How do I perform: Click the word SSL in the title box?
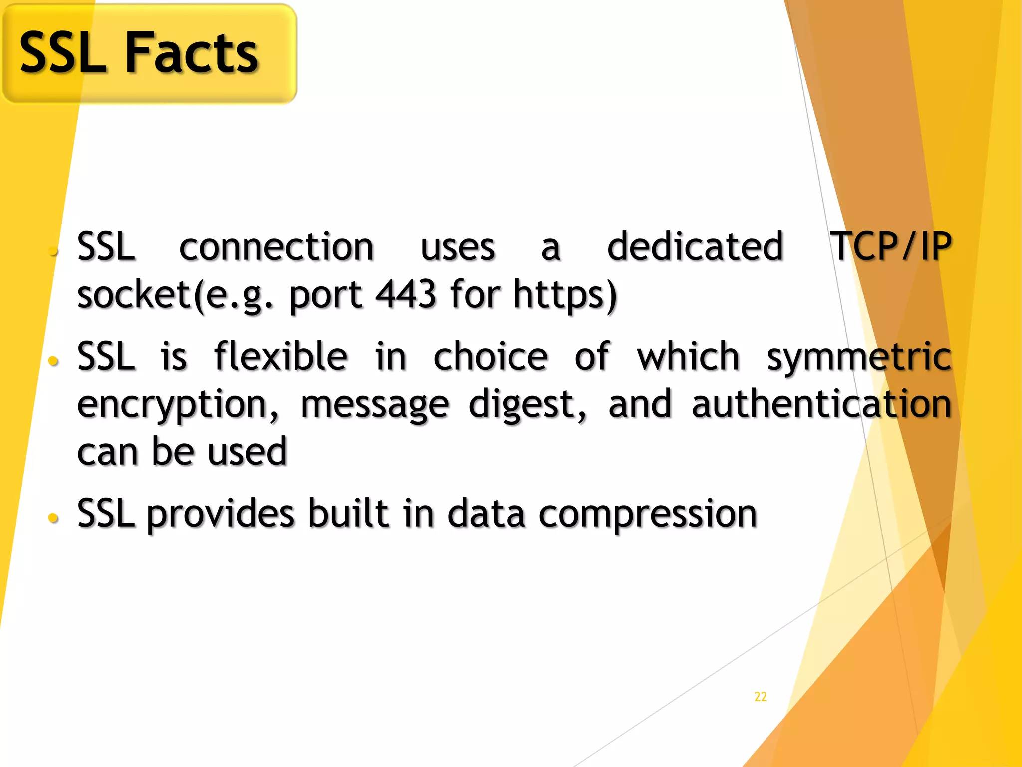tap(63, 52)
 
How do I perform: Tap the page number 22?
tap(760, 697)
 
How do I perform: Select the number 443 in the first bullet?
tap(405, 295)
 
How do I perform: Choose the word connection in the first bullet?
tap(276, 247)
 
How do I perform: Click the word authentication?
tap(821, 404)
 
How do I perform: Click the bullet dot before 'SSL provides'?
tap(53, 518)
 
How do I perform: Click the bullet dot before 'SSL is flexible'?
tap(53, 361)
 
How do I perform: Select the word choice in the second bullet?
tap(491, 357)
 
